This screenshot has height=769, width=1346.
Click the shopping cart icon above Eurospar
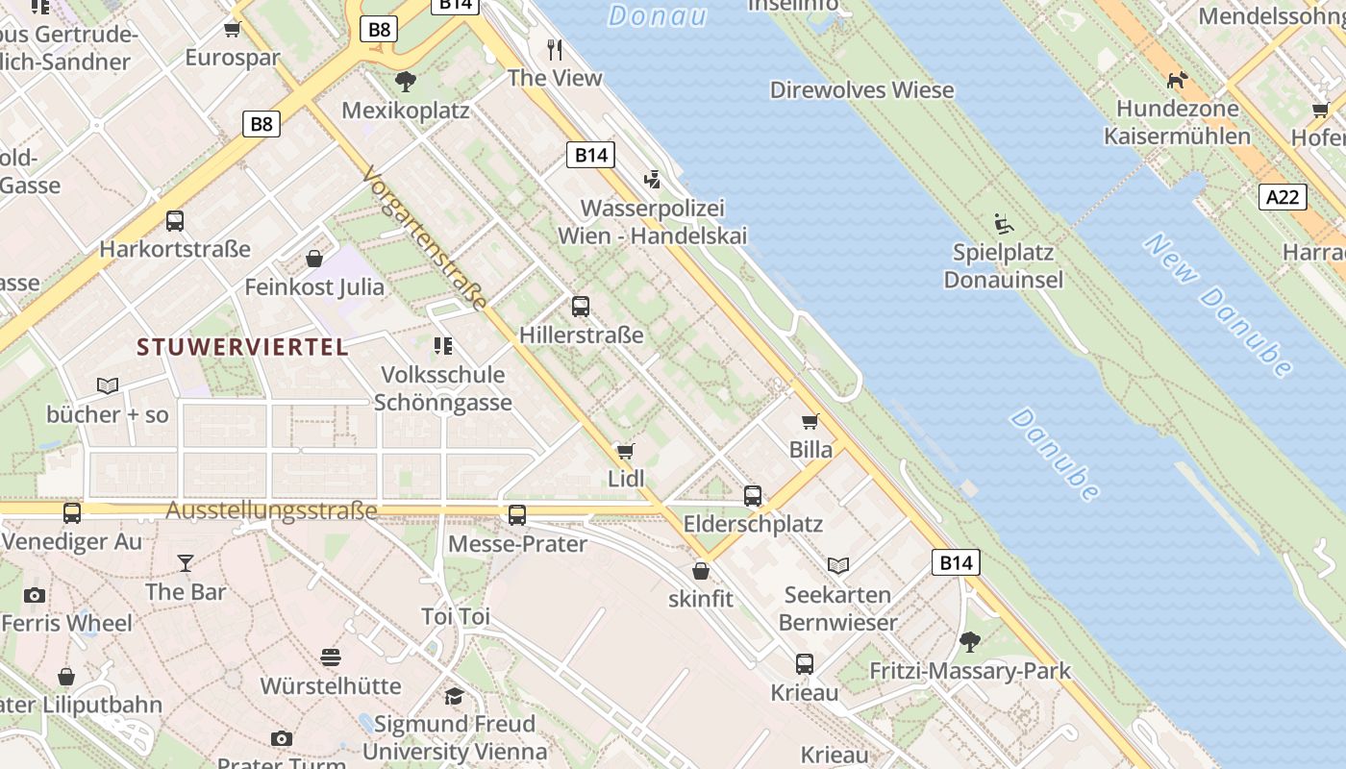point(232,29)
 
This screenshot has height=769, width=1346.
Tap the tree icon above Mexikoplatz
point(406,81)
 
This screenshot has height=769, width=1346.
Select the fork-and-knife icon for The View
point(555,49)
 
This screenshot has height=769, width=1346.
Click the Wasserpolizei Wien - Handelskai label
point(652,222)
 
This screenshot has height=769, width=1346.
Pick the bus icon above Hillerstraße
point(581,307)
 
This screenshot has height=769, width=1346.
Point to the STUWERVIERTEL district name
point(242,347)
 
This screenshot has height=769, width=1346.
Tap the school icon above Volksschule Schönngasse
point(442,345)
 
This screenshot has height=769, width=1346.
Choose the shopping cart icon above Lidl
point(626,450)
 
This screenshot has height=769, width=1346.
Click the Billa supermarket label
point(810,449)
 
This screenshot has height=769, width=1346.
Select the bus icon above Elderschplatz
point(753,496)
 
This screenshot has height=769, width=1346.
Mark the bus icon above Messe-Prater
point(517,515)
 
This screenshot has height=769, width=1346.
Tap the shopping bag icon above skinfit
point(701,571)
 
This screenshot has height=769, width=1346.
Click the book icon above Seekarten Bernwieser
point(838,565)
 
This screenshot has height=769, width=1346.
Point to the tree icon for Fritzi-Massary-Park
point(970,641)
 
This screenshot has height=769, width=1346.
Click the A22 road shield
point(1283,197)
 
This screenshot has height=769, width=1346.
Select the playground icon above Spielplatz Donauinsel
point(1004,224)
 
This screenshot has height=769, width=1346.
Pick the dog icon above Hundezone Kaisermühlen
point(1177,80)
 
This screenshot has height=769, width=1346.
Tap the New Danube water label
point(1219,305)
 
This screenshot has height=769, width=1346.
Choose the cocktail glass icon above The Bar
point(186,562)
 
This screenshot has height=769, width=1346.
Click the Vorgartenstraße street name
point(424,238)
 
